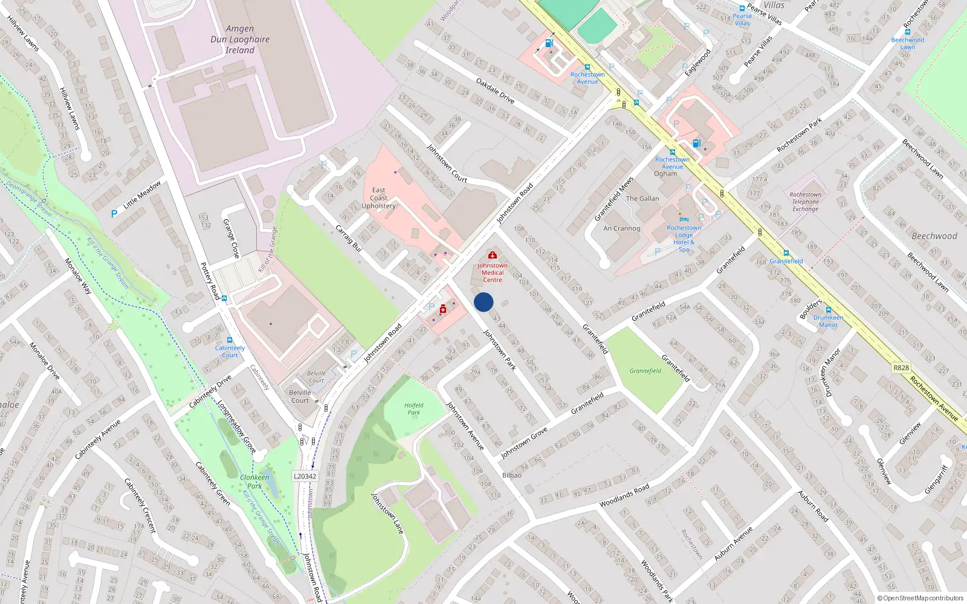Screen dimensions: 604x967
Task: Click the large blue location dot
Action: pyautogui.click(x=483, y=302)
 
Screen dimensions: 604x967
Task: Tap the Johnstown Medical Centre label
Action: pyautogui.click(x=493, y=272)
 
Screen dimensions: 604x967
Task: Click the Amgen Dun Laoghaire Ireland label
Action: pyautogui.click(x=240, y=39)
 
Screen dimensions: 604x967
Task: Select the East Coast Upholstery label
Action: pyautogui.click(x=379, y=198)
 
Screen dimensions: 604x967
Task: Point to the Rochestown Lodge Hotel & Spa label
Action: pyautogui.click(x=684, y=239)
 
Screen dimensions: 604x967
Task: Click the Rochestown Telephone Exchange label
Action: pyautogui.click(x=806, y=202)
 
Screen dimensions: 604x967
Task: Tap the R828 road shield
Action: pyautogui.click(x=901, y=367)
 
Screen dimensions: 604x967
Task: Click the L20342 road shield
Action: pyautogui.click(x=305, y=476)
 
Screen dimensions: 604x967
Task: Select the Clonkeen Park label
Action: pyautogui.click(x=254, y=481)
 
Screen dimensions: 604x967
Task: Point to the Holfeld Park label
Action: pyautogui.click(x=414, y=409)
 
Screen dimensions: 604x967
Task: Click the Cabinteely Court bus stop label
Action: pyautogui.click(x=230, y=352)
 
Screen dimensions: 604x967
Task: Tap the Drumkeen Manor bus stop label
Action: pyautogui.click(x=828, y=321)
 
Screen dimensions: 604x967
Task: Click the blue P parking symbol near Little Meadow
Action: pyautogui.click(x=114, y=214)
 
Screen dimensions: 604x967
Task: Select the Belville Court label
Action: pyautogui.click(x=300, y=396)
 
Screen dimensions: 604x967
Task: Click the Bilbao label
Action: pyautogui.click(x=512, y=475)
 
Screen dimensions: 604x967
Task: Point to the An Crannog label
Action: pyautogui.click(x=621, y=228)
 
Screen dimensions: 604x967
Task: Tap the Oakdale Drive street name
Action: pyautogui.click(x=495, y=91)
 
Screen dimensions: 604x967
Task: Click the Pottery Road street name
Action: pyautogui.click(x=210, y=281)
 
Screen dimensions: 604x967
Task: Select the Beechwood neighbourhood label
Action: pyautogui.click(x=934, y=236)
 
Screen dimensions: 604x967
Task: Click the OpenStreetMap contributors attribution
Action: pyautogui.click(x=920, y=598)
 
